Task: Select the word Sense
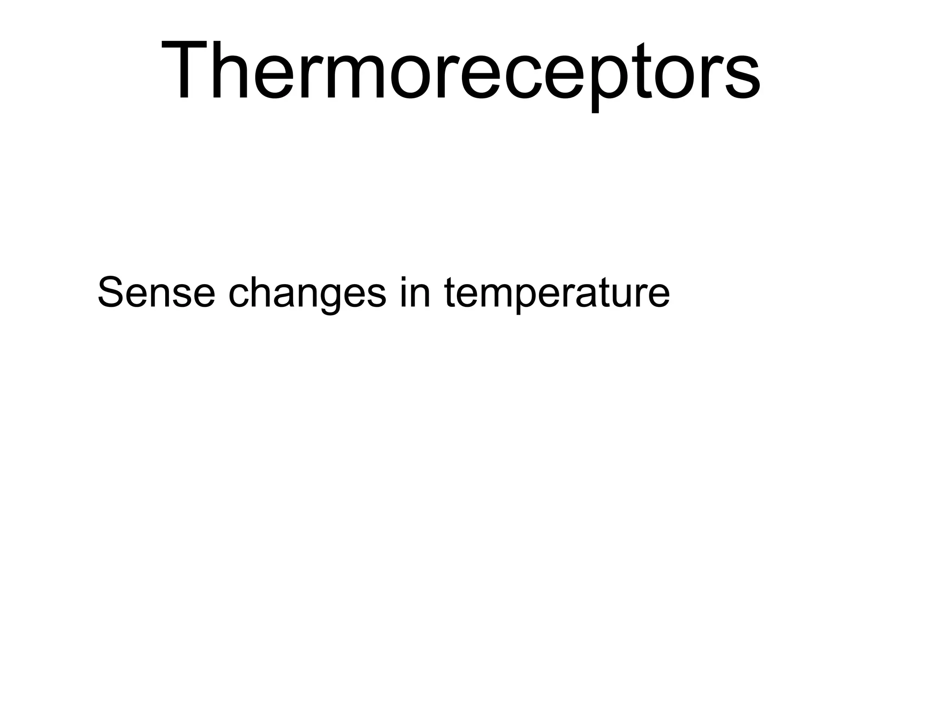pyautogui.click(x=156, y=292)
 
